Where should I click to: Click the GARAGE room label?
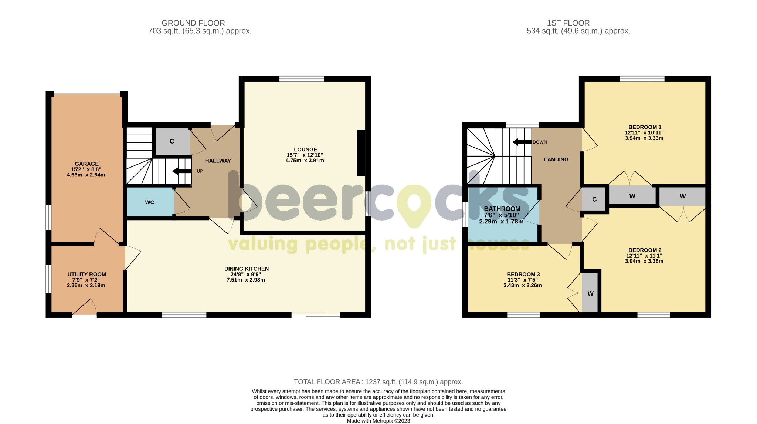pos(86,164)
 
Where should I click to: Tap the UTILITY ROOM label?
pos(86,274)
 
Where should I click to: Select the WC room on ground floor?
pos(150,202)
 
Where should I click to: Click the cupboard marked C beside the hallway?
pos(172,141)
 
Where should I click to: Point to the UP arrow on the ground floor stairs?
pos(181,171)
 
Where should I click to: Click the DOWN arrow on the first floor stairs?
pos(522,142)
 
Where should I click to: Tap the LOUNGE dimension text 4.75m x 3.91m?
pos(305,161)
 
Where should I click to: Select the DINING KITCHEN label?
pos(246,269)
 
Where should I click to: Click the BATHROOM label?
pos(502,209)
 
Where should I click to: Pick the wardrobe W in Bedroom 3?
pos(590,293)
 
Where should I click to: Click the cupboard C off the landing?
pos(594,199)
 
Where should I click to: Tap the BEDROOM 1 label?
pos(645,127)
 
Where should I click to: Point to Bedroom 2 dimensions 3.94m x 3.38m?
pos(644,261)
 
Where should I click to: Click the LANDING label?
pos(556,159)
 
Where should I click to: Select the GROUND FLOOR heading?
pos(193,23)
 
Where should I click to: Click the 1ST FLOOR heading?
pos(568,23)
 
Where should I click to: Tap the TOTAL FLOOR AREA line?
pos(378,382)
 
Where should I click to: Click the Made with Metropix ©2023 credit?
pos(378,421)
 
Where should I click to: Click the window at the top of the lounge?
pos(302,78)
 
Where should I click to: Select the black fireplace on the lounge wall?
pos(361,153)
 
